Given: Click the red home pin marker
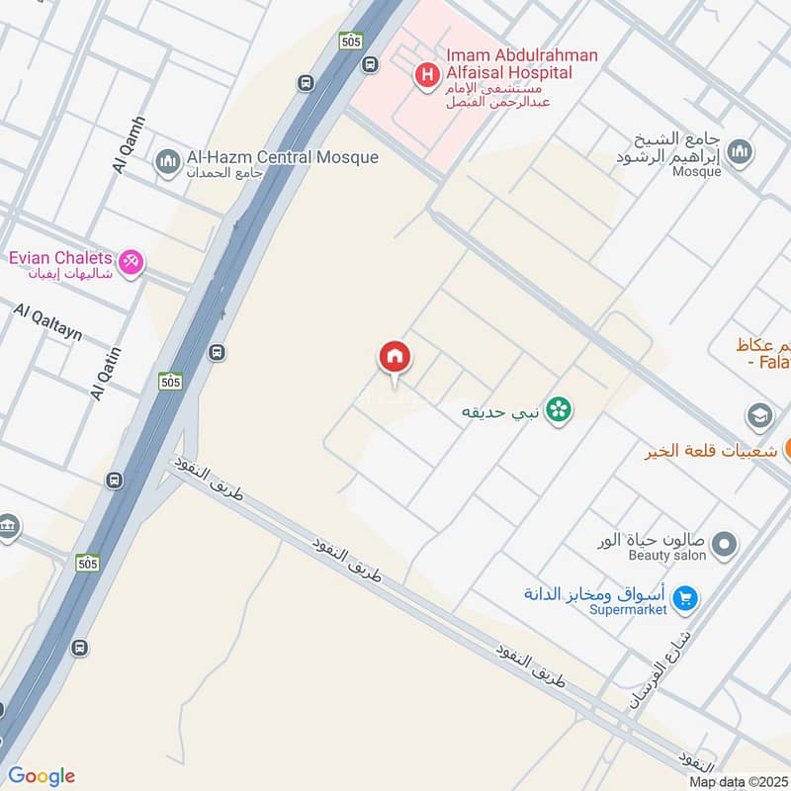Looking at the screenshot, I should [x=395, y=358].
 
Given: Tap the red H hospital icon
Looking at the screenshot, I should [x=426, y=73].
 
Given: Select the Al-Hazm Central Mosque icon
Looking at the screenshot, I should [x=168, y=160].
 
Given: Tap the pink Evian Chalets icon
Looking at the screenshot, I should [x=130, y=262].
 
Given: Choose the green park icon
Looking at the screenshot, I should [x=559, y=407].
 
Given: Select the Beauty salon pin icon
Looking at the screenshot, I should [x=725, y=543].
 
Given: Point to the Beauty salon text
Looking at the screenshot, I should [x=667, y=556].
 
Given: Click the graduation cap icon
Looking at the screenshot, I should [x=759, y=414].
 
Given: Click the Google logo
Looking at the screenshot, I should [x=42, y=776].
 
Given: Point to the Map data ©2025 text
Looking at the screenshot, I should [x=737, y=781].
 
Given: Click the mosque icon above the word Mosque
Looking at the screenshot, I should [x=738, y=151].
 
